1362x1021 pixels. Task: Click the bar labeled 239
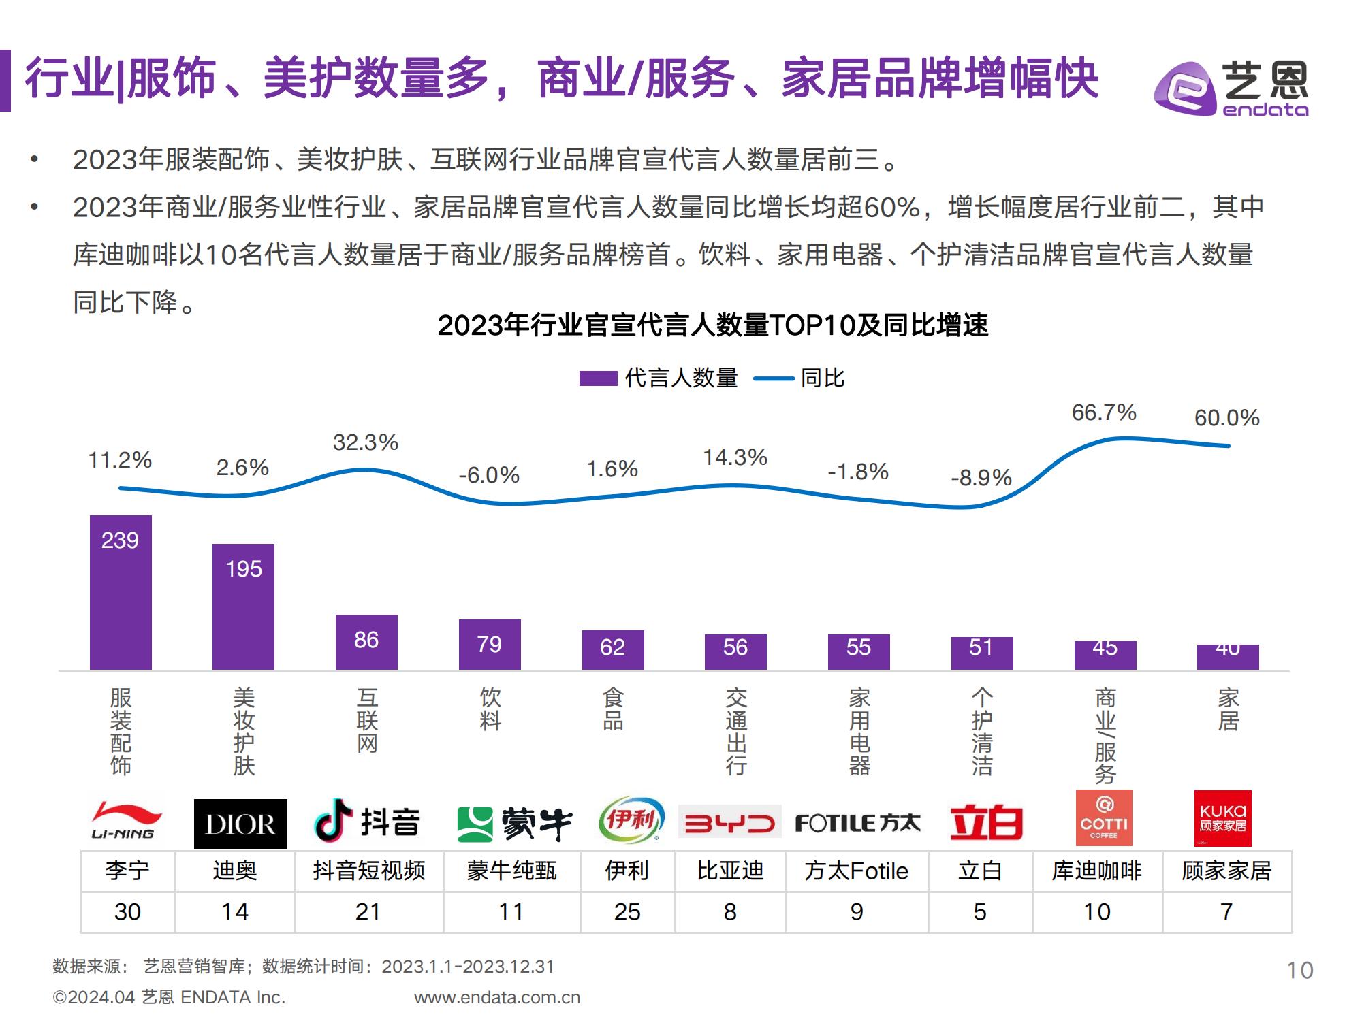[x=121, y=592]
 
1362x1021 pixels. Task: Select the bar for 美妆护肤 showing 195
[x=243, y=606]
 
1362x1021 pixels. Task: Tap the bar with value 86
[x=366, y=642]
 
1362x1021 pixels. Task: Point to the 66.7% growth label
[x=1104, y=412]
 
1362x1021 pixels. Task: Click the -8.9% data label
[x=981, y=478]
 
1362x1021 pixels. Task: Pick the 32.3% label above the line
[x=366, y=442]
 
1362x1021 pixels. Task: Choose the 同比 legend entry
[x=799, y=378]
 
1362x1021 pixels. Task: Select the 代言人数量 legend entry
[x=659, y=378]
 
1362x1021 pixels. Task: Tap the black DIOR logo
[x=240, y=824]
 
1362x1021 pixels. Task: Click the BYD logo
[x=729, y=824]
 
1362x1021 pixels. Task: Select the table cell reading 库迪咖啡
[x=1096, y=871]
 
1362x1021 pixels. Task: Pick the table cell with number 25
[x=627, y=912]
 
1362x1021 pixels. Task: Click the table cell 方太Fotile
[x=856, y=871]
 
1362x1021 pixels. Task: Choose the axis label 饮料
[x=490, y=709]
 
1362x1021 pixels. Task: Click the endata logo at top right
[x=1231, y=89]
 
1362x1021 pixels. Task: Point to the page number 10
[x=1299, y=970]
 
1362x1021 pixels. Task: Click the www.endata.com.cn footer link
[x=497, y=998]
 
